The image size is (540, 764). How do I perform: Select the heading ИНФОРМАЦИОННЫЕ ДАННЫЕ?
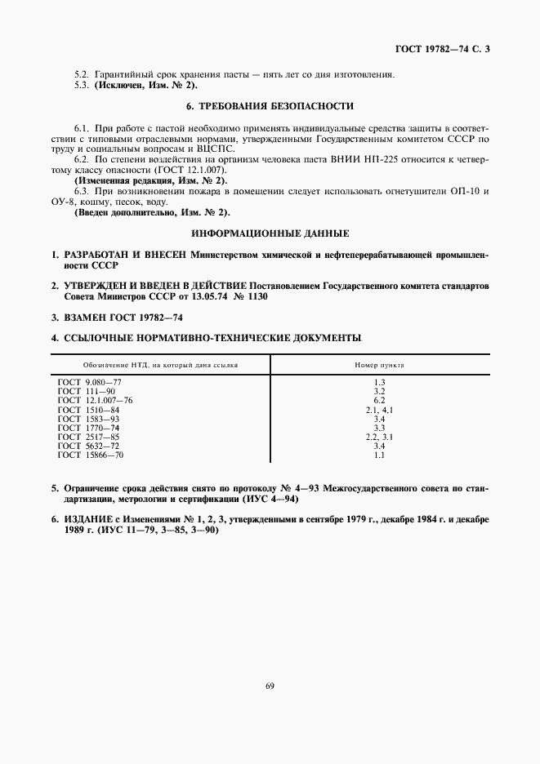click(270, 234)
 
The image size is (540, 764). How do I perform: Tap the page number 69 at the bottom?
click(270, 686)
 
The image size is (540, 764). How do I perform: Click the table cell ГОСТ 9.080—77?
click(90, 382)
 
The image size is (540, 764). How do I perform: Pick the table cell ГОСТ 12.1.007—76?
click(95, 401)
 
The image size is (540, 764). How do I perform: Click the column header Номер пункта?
click(379, 365)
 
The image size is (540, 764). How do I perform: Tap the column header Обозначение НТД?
click(160, 365)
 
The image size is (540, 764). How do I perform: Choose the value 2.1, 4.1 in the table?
click(379, 410)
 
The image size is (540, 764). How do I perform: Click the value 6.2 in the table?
click(379, 401)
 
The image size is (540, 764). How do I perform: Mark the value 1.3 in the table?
click(379, 382)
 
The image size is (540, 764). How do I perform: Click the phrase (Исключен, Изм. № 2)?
click(146, 85)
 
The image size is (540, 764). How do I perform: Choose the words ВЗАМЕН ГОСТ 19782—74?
click(121, 317)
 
